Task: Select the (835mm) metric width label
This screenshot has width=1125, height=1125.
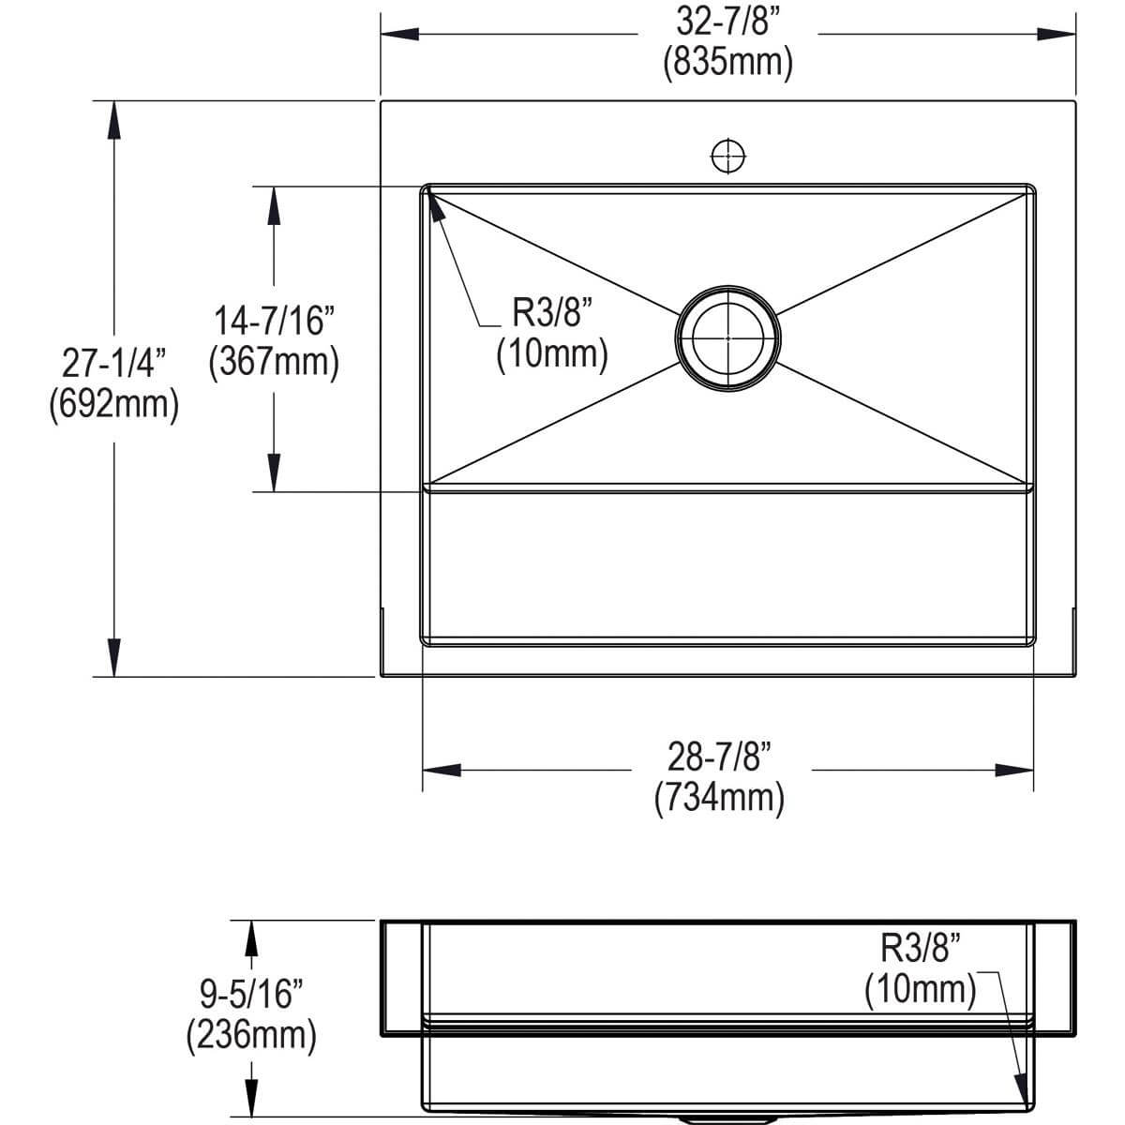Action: point(727,63)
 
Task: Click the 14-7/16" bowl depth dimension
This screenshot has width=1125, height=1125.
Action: point(274,322)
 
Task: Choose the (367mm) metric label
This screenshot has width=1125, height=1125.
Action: point(274,362)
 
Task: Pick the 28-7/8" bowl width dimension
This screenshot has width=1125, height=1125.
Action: point(719,757)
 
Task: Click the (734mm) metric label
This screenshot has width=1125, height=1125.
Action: point(719,797)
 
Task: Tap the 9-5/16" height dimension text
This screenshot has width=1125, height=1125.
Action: point(251,994)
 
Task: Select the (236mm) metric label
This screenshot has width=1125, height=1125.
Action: point(251,1035)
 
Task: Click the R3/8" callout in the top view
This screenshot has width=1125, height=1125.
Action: point(553,313)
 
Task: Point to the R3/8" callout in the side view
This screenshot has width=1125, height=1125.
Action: point(922,949)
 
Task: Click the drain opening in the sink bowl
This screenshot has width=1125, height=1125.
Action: point(727,337)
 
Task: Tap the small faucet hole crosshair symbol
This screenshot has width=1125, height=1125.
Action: point(727,156)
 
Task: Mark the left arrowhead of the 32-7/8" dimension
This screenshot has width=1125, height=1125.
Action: point(399,35)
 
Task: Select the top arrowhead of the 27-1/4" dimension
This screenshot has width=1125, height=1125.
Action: point(113,120)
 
